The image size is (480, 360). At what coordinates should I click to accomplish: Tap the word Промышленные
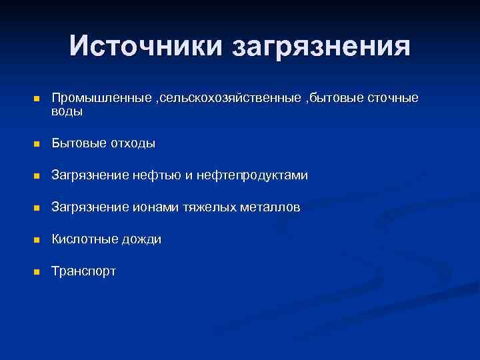point(102,99)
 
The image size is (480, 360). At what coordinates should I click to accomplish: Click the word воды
point(67,111)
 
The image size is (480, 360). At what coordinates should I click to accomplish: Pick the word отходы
point(132,143)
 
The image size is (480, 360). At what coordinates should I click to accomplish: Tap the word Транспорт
point(84,272)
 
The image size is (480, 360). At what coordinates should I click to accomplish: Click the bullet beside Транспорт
point(37,272)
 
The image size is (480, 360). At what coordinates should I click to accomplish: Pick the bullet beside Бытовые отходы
point(37,143)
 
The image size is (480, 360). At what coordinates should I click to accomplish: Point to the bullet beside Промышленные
point(37,99)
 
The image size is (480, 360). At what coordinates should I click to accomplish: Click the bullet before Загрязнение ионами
point(37,208)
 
